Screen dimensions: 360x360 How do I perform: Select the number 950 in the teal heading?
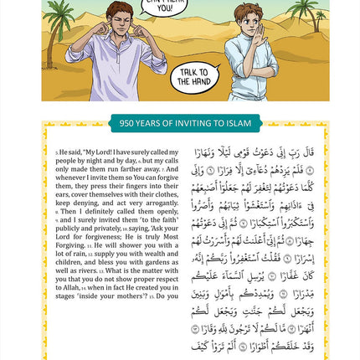(x=127, y=123)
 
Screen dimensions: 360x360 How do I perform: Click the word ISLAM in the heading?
(x=238, y=123)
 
